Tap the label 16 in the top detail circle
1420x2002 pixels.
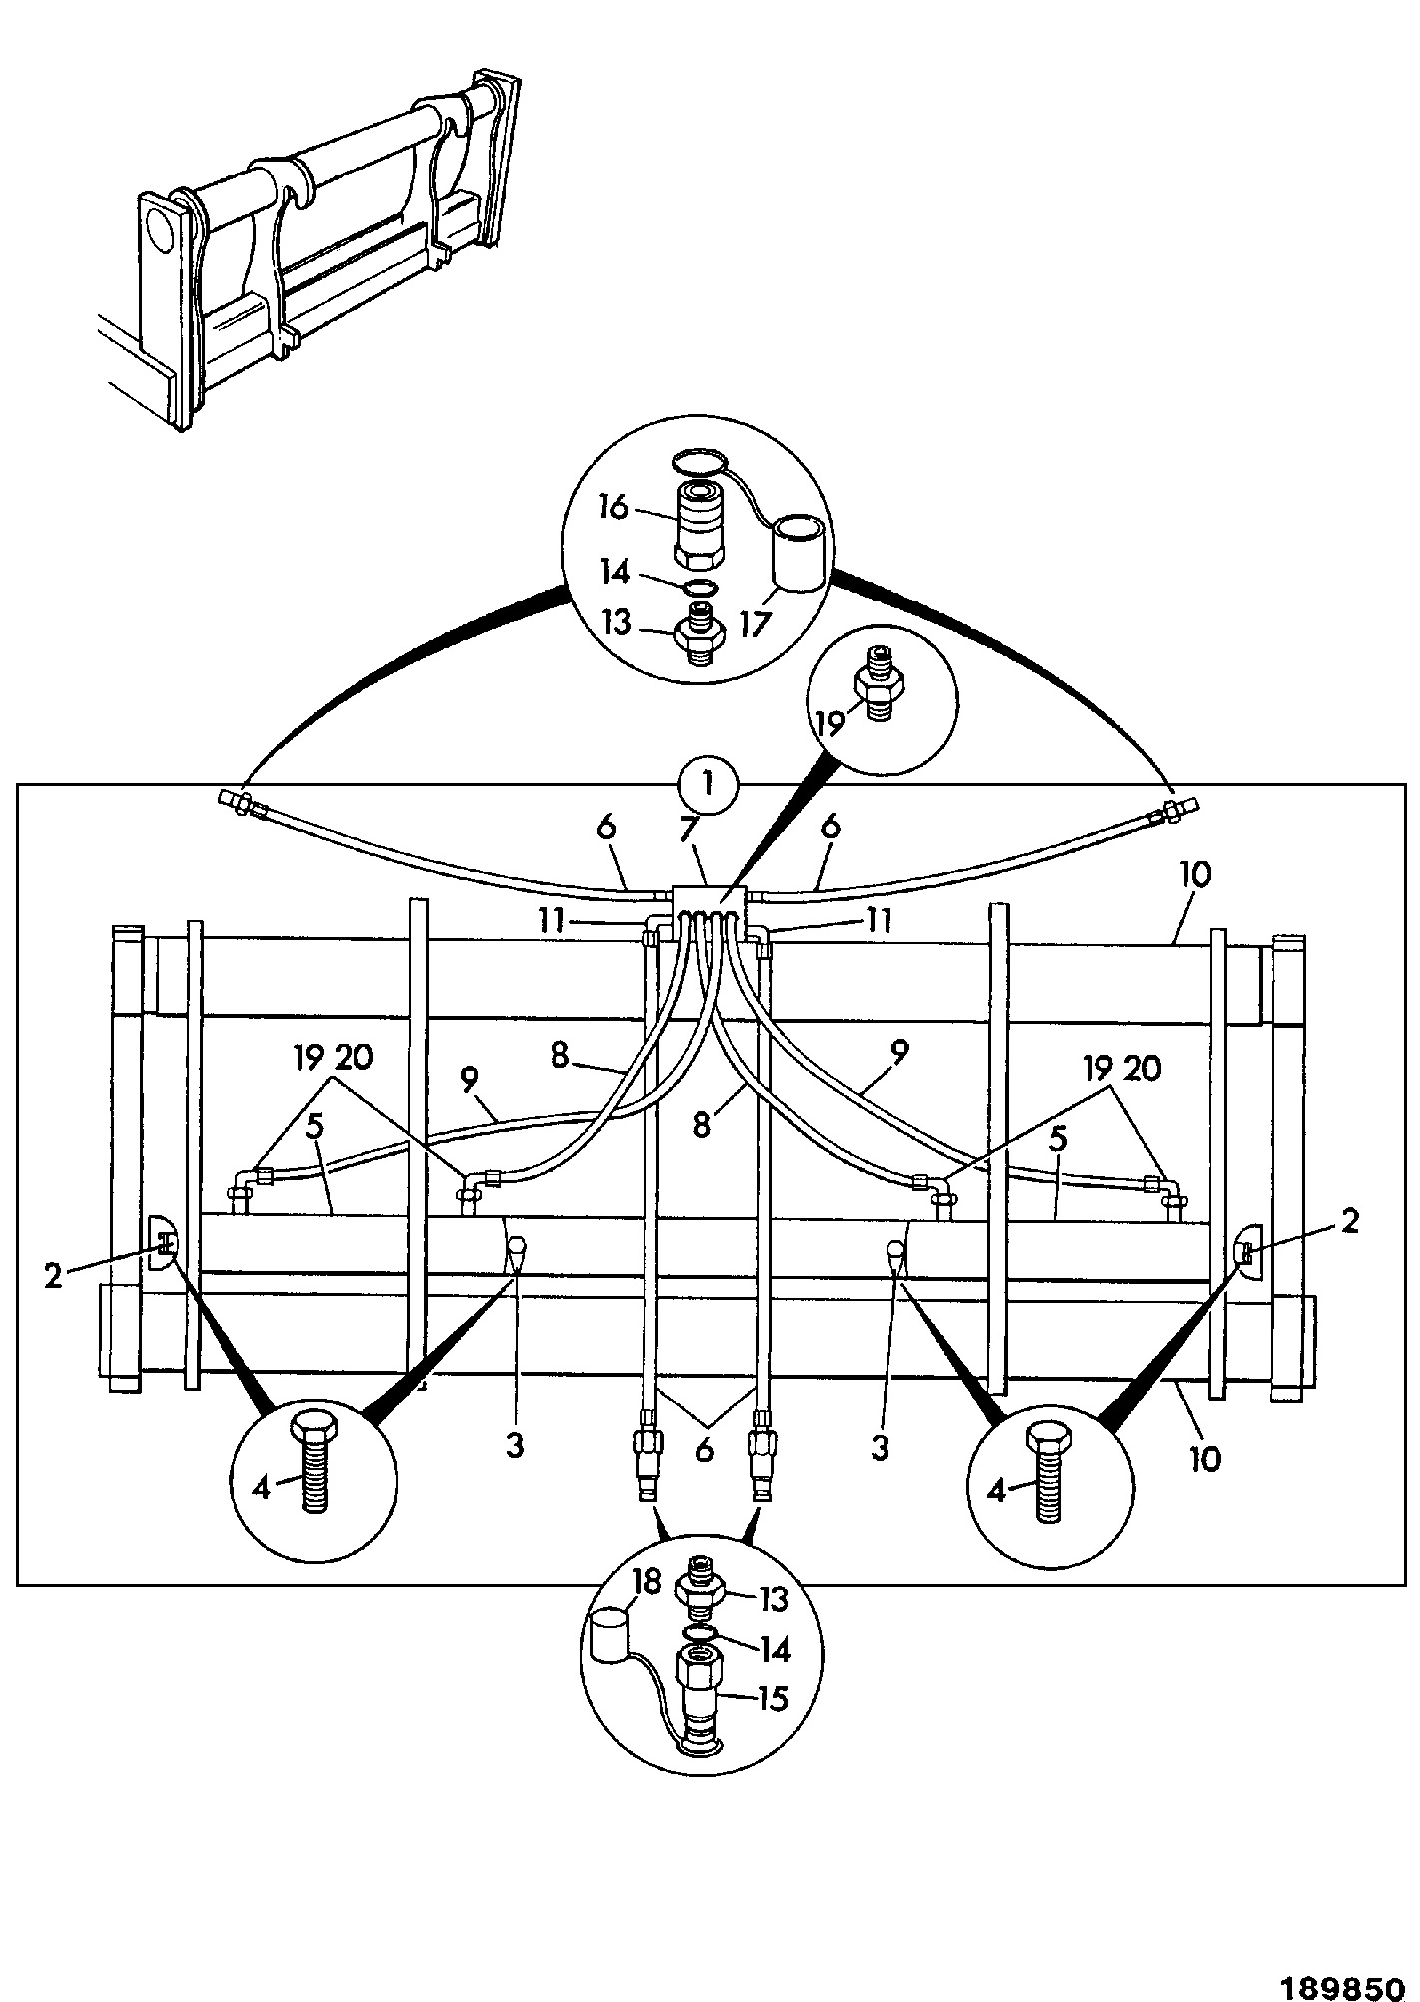tap(614, 507)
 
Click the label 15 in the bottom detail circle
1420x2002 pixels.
tap(771, 1697)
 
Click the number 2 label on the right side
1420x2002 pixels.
tap(1349, 1221)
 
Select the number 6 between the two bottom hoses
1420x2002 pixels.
tap(705, 1450)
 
